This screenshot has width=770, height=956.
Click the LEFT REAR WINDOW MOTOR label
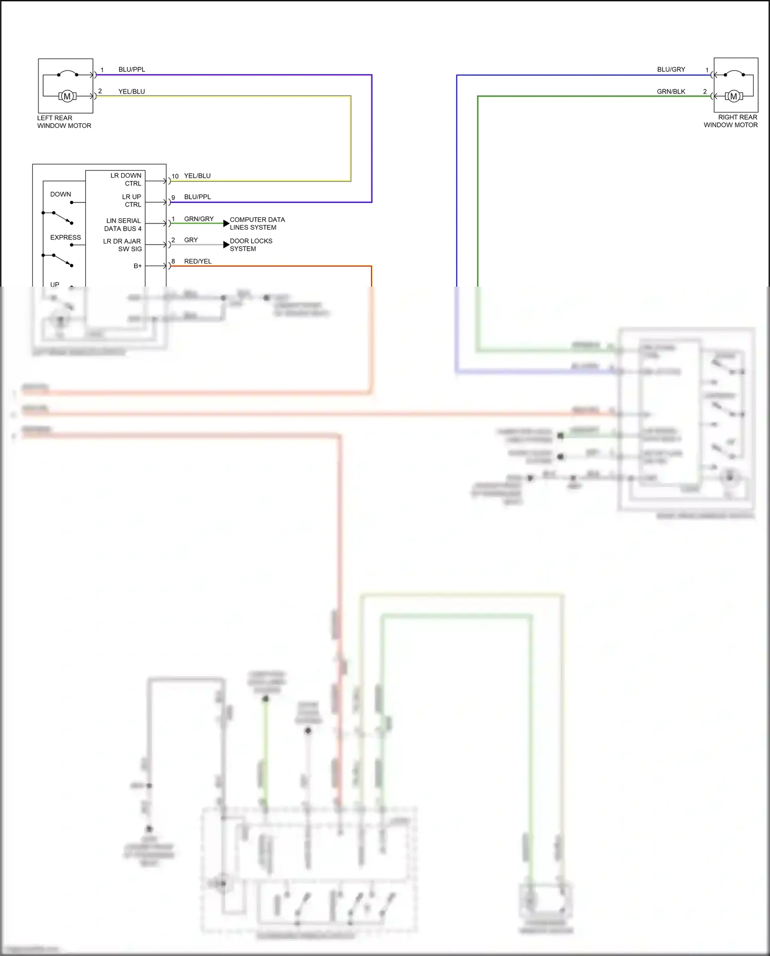tap(64, 122)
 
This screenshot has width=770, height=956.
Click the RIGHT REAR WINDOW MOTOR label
tap(730, 121)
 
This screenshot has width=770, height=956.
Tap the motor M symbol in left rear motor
tap(67, 96)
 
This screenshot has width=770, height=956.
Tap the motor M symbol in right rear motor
tap(734, 96)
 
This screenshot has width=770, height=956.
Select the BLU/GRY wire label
tap(671, 69)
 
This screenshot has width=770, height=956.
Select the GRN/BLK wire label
tap(671, 91)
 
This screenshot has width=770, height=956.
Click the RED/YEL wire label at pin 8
tap(198, 261)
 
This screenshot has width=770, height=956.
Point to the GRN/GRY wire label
tap(199, 219)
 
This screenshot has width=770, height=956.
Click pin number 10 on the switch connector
tap(175, 176)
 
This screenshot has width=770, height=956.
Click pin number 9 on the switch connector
tap(174, 197)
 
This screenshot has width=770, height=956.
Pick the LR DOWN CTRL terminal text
tap(126, 179)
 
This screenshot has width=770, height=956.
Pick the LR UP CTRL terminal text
tap(132, 200)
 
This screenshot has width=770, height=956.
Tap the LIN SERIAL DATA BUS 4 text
tap(123, 224)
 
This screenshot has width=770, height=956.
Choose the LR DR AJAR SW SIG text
tap(123, 245)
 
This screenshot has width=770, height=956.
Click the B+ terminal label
tap(138, 266)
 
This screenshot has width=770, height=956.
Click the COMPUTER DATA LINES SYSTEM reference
tap(257, 223)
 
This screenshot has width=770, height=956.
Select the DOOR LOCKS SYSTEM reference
tap(251, 245)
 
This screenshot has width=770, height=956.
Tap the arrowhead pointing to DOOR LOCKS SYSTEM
tap(226, 245)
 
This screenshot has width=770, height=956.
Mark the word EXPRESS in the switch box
tap(66, 237)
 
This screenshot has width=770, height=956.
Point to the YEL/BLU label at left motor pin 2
tap(131, 91)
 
